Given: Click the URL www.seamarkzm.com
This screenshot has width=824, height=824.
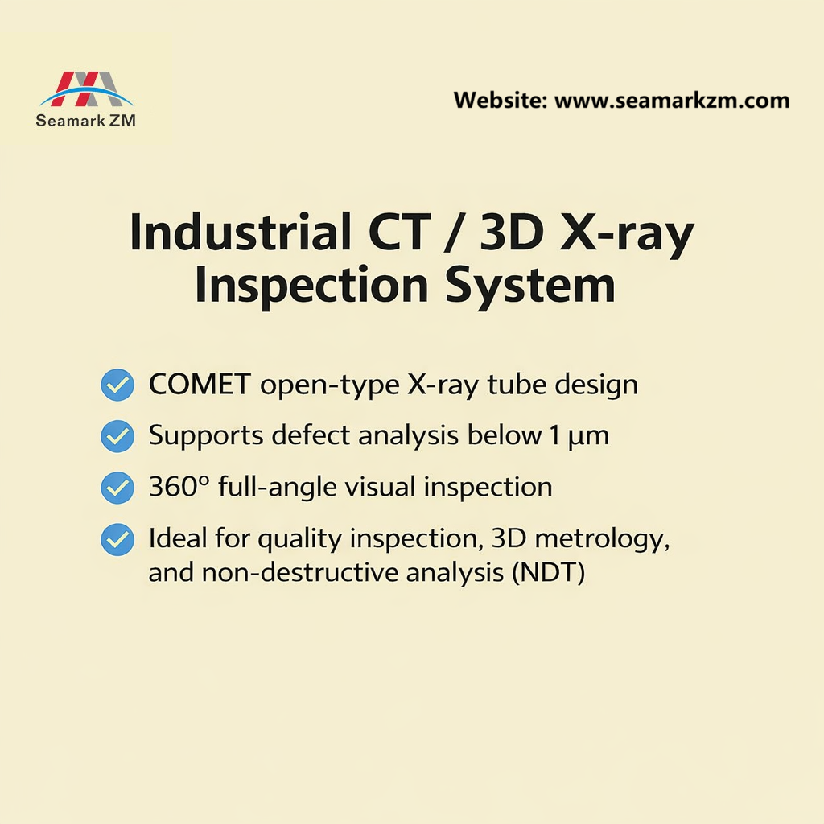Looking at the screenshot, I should pos(672,101).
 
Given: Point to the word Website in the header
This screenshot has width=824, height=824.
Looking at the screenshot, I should pos(498,101).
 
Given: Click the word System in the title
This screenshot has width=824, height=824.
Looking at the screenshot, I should pos(533,286).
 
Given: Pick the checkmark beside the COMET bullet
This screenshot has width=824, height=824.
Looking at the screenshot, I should pos(117,385).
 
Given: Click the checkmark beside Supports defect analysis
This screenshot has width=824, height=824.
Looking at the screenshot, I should pos(117,436).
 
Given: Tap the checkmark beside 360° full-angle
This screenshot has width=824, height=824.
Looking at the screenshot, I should pos(117,488).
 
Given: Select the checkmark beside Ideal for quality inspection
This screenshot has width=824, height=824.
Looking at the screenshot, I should pos(117,539).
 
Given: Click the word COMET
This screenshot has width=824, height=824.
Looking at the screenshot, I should pos(200,385).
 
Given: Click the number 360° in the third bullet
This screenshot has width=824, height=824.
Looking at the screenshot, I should pos(177,487).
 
